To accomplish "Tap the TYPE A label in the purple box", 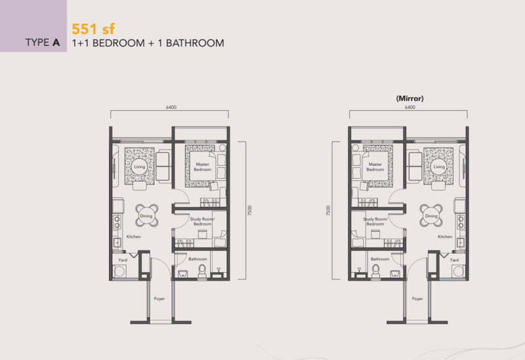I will [x=43, y=44].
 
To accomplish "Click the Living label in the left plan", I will [x=139, y=167].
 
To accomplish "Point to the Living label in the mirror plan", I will [x=439, y=167].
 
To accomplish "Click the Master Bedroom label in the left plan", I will [x=202, y=167].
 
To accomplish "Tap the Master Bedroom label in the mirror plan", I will [x=375, y=167].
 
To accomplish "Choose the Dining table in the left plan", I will [x=147, y=215].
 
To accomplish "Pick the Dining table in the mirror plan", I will [x=431, y=215].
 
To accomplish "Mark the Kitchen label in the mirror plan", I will [x=444, y=236].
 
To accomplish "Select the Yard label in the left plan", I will [x=123, y=260].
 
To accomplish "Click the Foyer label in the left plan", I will [x=159, y=298].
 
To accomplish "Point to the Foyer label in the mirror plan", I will [x=418, y=298].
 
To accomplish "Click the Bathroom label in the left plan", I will [x=198, y=259].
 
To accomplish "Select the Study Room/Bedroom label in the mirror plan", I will [x=375, y=222].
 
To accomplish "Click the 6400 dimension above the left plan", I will [x=171, y=108].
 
